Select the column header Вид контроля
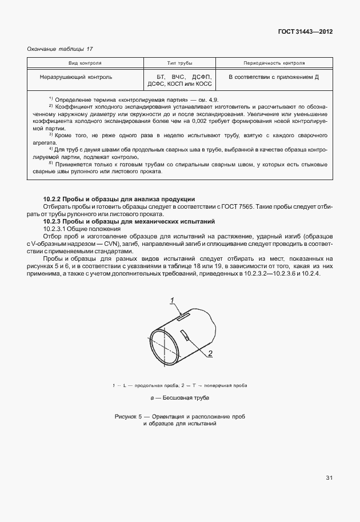85,63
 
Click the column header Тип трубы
180,63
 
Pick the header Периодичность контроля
274,63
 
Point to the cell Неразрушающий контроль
76,76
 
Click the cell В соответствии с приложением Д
273,76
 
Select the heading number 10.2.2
55,198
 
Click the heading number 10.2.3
55,220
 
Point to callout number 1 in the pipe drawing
171,300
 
